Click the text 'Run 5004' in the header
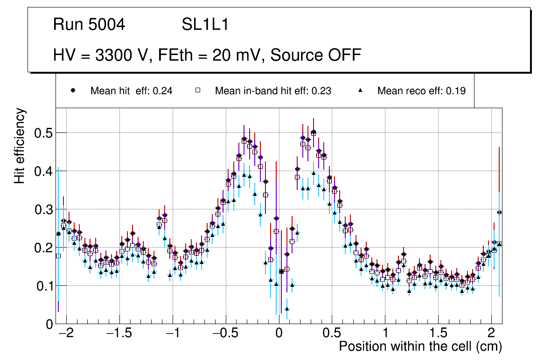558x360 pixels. coord(89,25)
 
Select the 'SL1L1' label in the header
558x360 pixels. coord(205,25)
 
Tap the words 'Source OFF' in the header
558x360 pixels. coord(316,55)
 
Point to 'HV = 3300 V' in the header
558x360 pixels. coord(101,55)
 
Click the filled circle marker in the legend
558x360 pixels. coord(73,90)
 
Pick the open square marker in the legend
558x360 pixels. coord(198,90)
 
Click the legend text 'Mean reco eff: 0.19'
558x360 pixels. coord(421,91)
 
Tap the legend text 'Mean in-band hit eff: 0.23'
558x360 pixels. coord(273,91)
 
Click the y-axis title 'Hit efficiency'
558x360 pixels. coord(20,145)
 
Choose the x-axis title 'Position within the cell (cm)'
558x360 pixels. coord(420,346)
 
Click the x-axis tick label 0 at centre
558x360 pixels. coord(279,333)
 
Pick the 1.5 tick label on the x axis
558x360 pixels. coord(439,333)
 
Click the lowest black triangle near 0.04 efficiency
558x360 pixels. coord(287,309)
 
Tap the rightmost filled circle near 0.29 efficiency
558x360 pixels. coord(499,212)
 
